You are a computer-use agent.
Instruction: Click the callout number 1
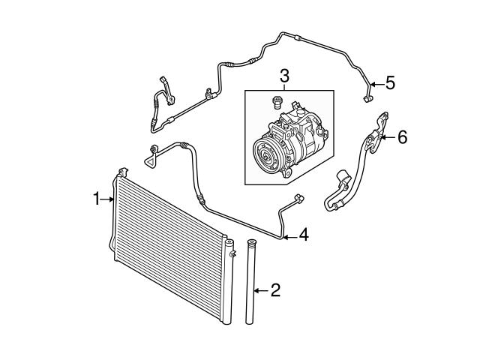pyautogui.click(x=97, y=199)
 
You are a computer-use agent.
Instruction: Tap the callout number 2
pyautogui.click(x=275, y=290)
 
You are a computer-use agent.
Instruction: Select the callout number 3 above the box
pyautogui.click(x=284, y=76)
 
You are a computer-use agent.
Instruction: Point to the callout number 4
pyautogui.click(x=304, y=235)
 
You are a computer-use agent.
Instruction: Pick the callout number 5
pyautogui.click(x=390, y=83)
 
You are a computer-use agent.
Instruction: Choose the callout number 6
pyautogui.click(x=403, y=136)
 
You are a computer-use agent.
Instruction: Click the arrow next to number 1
pyautogui.click(x=108, y=199)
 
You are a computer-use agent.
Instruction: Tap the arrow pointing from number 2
pyautogui.click(x=261, y=290)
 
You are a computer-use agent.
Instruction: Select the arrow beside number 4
pyautogui.click(x=290, y=236)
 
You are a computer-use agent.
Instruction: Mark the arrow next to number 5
pyautogui.click(x=376, y=84)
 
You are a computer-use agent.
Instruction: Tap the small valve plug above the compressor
pyautogui.click(x=276, y=102)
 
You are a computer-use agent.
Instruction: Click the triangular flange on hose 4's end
pyautogui.click(x=150, y=160)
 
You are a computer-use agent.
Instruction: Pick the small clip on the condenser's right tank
pyautogui.click(x=233, y=253)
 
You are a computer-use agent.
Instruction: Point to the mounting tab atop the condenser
pyautogui.click(x=123, y=172)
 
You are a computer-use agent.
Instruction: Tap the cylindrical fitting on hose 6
pyautogui.click(x=343, y=177)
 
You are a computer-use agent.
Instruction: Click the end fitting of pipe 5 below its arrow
pyautogui.click(x=367, y=98)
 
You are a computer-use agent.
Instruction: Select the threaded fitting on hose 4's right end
pyautogui.click(x=298, y=198)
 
